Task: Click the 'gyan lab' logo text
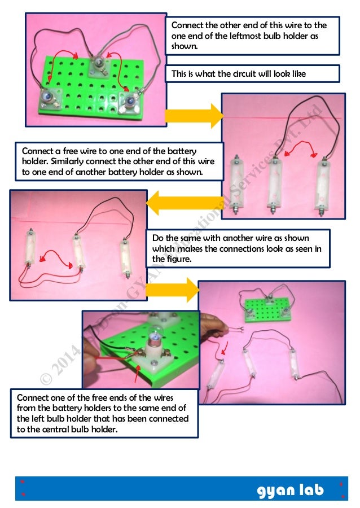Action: pos(290,490)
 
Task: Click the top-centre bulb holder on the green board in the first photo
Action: pos(99,64)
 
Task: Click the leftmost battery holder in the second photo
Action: pos(235,184)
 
